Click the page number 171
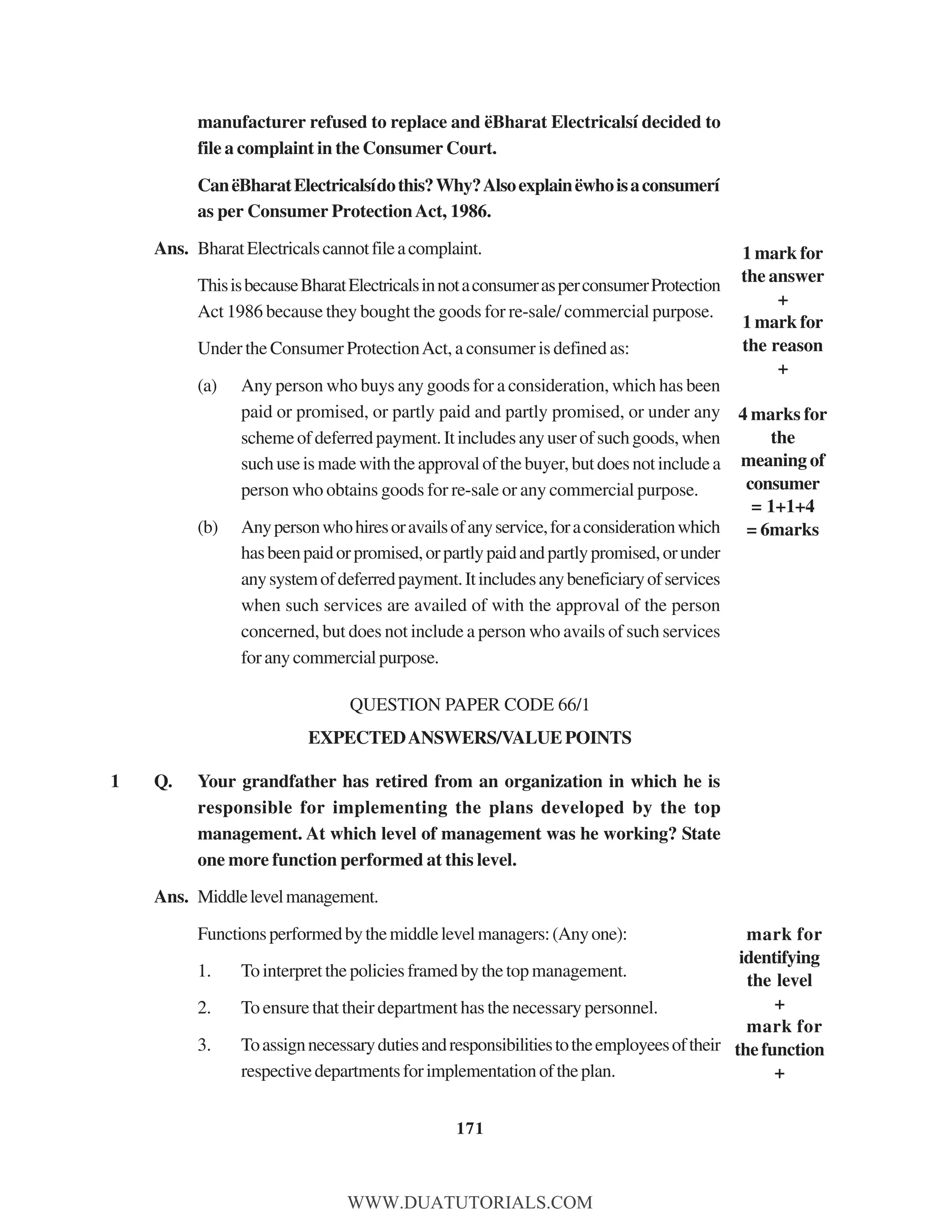pos(470,1128)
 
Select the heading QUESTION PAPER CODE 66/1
pos(470,704)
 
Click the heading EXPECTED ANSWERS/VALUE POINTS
pos(470,737)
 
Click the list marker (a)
pos(207,385)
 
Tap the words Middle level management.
pos(287,897)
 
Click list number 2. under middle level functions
pos(204,1008)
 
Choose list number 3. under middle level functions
pos(204,1045)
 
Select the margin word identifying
pos(779,957)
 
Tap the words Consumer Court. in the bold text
pos(429,148)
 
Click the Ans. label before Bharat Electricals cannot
pos(171,248)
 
